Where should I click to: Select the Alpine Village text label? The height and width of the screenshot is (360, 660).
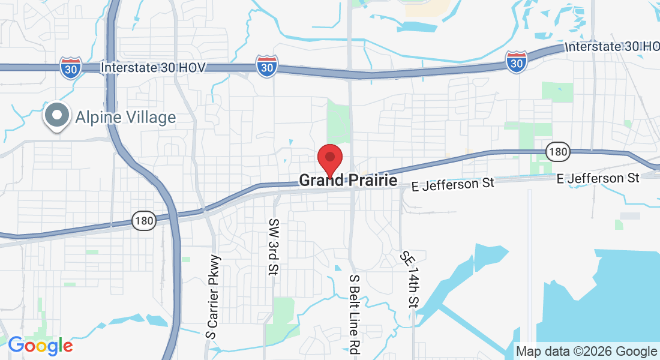(125, 117)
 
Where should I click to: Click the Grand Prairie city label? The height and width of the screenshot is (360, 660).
(348, 180)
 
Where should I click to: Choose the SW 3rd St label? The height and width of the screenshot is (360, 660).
(274, 247)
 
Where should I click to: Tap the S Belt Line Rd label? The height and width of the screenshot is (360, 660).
(354, 316)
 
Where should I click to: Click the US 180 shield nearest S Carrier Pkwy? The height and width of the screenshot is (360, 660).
(144, 221)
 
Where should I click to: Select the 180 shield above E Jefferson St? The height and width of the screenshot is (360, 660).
(557, 152)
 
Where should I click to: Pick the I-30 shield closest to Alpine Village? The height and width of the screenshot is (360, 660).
(71, 67)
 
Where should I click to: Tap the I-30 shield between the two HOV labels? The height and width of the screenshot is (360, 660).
(266, 66)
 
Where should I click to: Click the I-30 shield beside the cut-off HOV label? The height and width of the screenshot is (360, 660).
(516, 61)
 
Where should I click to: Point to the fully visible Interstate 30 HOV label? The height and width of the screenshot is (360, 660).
(153, 67)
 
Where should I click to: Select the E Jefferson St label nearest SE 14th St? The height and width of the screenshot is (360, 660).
(453, 184)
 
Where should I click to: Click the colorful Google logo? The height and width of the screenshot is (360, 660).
(40, 346)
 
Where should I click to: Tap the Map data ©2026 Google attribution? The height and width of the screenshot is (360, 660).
(586, 351)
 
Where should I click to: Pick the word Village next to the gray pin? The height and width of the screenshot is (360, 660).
(149, 117)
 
